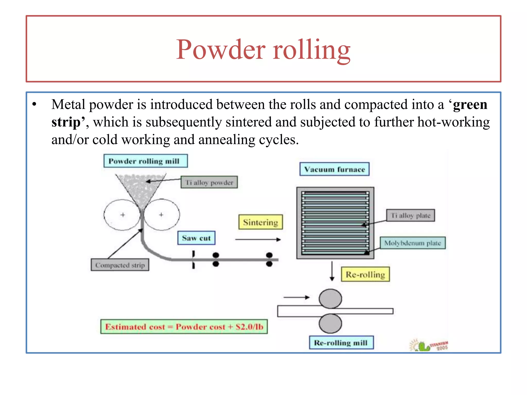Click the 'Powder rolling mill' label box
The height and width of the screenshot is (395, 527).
[x=145, y=161]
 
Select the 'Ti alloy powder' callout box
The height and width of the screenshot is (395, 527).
[x=209, y=182]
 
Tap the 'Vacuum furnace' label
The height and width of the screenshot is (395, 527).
[x=334, y=169]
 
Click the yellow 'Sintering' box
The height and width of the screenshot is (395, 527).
[x=260, y=222]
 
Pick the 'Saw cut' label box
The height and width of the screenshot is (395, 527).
[x=196, y=238]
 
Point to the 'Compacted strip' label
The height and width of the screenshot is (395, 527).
[x=120, y=265]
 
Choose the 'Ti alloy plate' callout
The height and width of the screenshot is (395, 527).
[x=410, y=215]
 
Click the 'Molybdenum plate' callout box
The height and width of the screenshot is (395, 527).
[x=412, y=243]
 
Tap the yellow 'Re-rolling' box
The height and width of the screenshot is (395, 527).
[x=365, y=274]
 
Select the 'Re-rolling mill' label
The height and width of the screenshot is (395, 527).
[x=341, y=343]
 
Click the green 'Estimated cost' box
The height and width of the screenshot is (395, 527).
[x=184, y=327]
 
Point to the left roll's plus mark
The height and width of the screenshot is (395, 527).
[x=123, y=215]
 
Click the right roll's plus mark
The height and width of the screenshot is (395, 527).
[x=161, y=215]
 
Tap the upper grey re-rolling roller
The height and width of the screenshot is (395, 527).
[x=330, y=299]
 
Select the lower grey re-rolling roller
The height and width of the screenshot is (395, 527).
[x=330, y=324]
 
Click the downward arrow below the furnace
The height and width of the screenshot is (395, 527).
[x=332, y=271]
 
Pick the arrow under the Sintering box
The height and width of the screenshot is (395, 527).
[x=258, y=239]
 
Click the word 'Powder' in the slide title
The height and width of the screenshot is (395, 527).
[x=221, y=49]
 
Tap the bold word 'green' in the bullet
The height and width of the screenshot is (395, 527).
[x=470, y=105]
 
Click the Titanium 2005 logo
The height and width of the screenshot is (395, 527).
[x=429, y=345]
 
